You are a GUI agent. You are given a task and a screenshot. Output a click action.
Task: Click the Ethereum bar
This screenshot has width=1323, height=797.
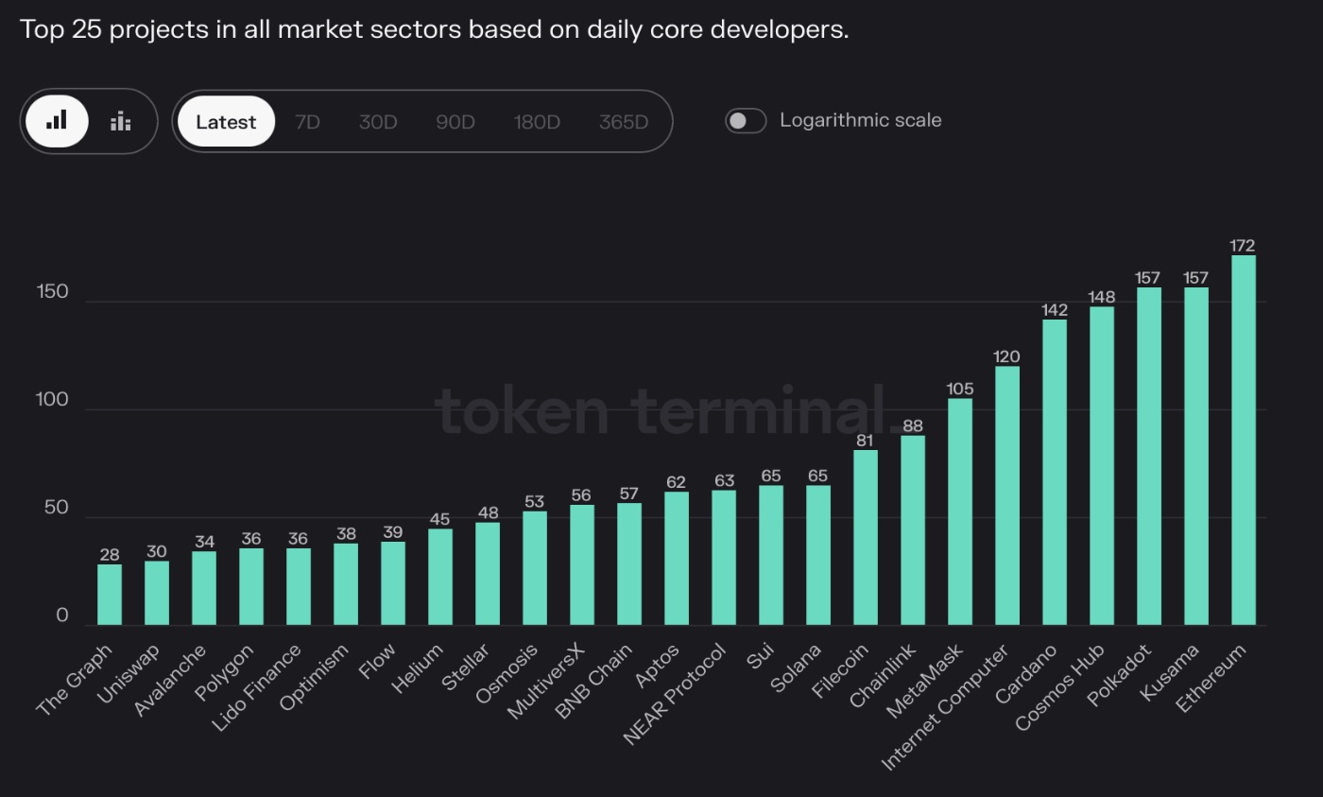[1243, 440]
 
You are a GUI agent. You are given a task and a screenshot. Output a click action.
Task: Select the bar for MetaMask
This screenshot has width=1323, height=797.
[959, 511]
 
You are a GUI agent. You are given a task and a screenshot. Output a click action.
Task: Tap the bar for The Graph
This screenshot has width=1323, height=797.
[110, 595]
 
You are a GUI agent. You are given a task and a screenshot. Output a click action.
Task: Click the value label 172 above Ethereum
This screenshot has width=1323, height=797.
[1243, 246]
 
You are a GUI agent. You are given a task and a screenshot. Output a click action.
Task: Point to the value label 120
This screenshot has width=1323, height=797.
[1006, 356]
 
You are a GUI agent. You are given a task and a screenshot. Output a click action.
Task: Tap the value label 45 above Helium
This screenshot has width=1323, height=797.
[439, 519]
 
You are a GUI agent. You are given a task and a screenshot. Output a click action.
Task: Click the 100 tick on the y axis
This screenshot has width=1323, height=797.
[52, 400]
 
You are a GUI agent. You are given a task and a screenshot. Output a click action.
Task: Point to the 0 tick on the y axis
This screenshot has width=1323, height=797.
[62, 615]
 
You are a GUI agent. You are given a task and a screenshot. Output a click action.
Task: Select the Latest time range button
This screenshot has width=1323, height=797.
[226, 122]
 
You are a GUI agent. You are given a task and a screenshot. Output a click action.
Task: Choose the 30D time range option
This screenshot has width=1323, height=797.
[378, 122]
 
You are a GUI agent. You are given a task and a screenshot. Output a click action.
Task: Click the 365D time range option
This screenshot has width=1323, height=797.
[624, 122]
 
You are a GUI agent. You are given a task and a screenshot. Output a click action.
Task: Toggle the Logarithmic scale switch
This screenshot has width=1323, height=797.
[746, 121]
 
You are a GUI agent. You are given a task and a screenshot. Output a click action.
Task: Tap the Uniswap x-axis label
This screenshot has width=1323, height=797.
[129, 673]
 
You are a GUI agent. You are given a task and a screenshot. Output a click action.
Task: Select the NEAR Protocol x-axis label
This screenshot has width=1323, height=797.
[676, 695]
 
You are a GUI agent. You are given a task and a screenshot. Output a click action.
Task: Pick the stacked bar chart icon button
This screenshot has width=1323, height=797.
[120, 121]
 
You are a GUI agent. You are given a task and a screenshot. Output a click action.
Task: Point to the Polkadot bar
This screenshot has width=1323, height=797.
[1148, 456]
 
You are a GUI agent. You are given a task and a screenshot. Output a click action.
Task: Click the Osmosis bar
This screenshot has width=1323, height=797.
[534, 568]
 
